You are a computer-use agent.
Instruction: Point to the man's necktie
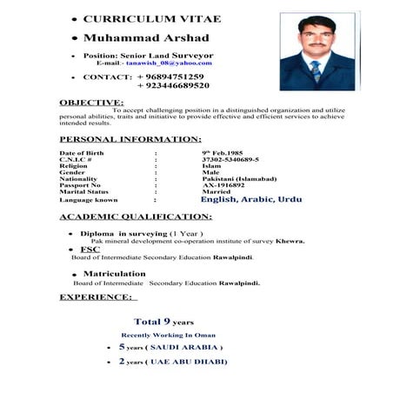tap(316, 70)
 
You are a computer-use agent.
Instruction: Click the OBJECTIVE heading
tap(91, 103)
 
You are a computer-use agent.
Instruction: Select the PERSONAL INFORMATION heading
tap(130, 139)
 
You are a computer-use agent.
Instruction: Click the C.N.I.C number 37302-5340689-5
tap(230, 160)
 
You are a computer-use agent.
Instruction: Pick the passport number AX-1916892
tap(223, 185)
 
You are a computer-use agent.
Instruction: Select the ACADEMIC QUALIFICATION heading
tap(135, 216)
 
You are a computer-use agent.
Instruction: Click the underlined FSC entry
tap(90, 250)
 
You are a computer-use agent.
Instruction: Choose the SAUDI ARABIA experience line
tap(170, 347)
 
